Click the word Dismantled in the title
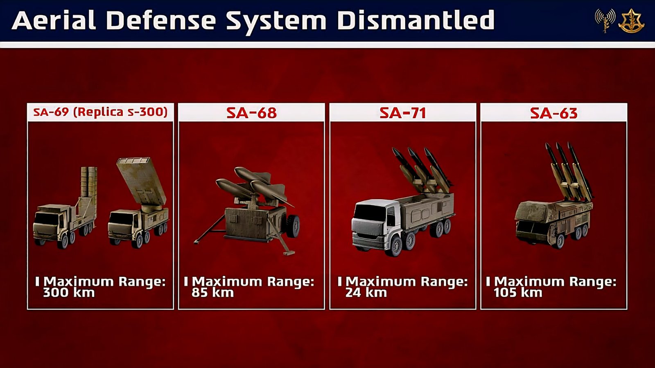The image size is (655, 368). [x=416, y=20]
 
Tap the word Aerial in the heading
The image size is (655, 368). [x=54, y=20]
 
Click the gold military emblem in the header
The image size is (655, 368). [x=631, y=20]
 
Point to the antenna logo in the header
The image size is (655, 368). [x=605, y=20]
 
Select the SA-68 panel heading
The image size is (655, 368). [x=251, y=113]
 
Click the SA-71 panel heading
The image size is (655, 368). [x=403, y=113]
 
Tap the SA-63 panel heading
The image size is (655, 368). [x=554, y=113]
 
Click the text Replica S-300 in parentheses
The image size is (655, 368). [x=120, y=112]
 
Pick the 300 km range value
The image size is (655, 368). [x=69, y=293]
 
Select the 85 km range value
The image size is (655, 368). [x=212, y=293]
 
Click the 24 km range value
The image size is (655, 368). [x=366, y=293]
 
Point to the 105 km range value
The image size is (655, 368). [x=518, y=293]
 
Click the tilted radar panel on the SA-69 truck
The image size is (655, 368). [x=141, y=181]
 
